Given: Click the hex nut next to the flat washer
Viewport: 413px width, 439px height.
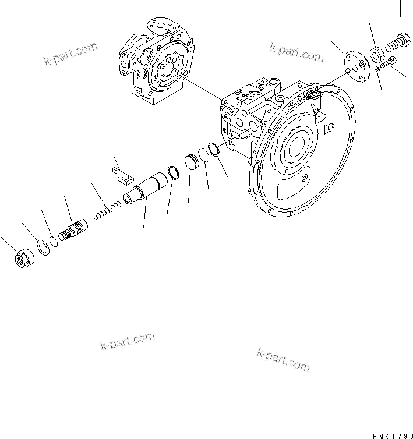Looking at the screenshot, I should pos(24,258).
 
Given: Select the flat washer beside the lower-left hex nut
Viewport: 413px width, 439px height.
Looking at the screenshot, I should pos(43,246).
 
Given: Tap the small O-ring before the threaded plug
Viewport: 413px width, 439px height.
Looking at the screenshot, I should pos(54,240).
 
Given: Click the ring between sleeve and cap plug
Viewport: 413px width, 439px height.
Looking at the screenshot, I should pos(173,172).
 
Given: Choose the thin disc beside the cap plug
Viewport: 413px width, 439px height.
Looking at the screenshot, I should pos(204,155).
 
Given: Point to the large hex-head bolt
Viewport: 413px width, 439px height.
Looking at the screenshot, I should pos(398,42).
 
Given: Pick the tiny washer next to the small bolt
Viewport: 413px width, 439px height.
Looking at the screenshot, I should pos(377,69).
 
